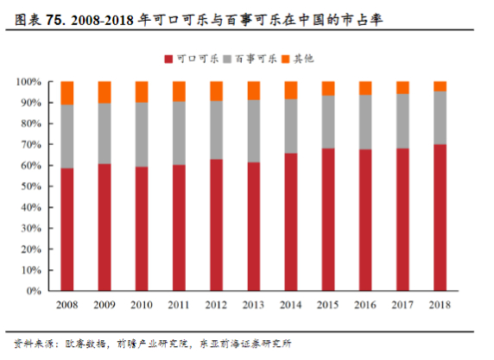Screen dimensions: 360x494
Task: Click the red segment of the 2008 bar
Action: [x=66, y=229]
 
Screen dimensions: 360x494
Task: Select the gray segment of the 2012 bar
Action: [x=216, y=129]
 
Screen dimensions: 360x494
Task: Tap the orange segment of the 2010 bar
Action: [x=141, y=92]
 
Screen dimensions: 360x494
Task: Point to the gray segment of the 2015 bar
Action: [x=328, y=122]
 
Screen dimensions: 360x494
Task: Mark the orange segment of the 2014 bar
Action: [x=290, y=90]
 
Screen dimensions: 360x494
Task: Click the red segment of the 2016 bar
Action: [x=365, y=219]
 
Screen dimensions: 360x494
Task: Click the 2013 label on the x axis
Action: [x=253, y=305]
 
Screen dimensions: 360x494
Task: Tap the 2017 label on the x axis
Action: [x=402, y=305]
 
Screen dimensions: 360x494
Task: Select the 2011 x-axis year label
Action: [x=179, y=305]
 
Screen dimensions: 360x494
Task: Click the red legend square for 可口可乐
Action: [x=169, y=58]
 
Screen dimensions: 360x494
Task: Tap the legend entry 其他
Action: [x=304, y=58]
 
